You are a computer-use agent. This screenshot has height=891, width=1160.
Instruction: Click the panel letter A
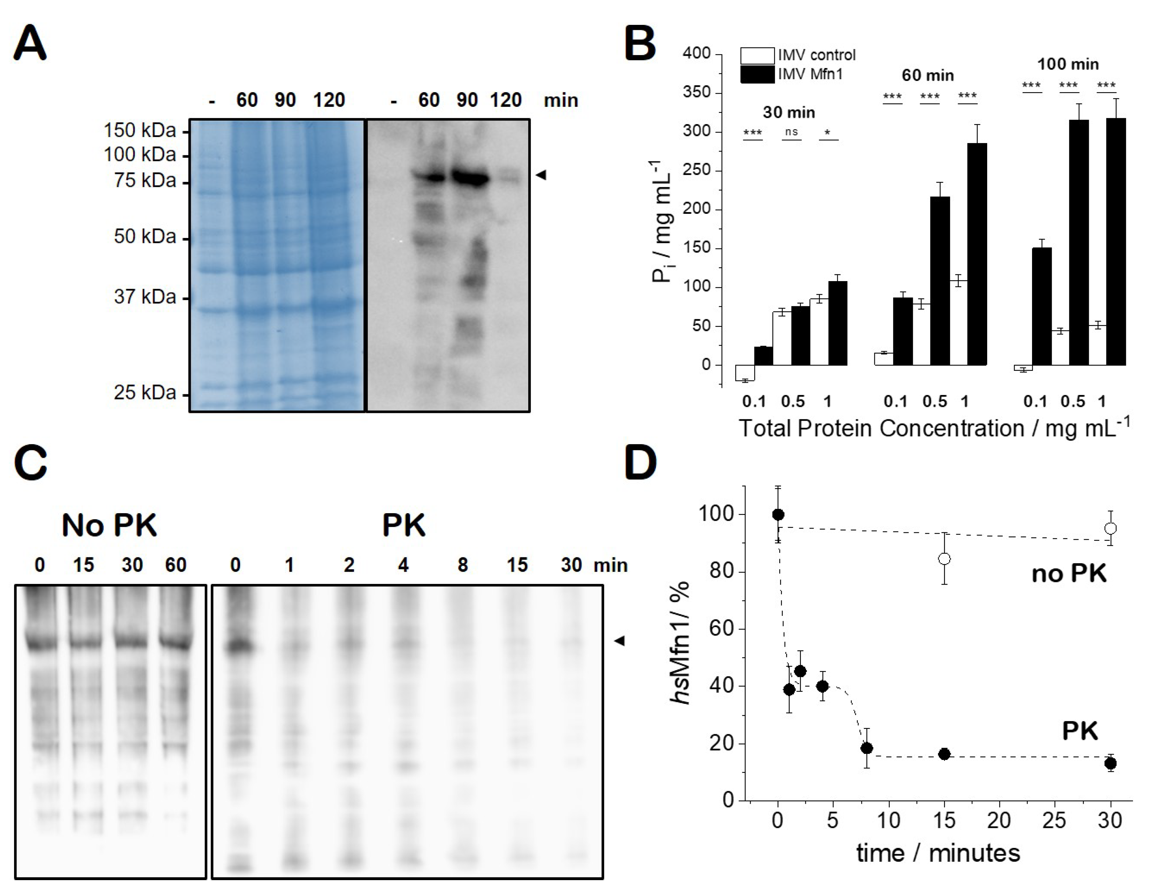click(x=30, y=44)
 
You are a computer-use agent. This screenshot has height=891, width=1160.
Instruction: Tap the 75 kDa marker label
click(x=144, y=181)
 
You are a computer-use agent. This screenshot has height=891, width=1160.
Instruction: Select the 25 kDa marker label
click(x=144, y=393)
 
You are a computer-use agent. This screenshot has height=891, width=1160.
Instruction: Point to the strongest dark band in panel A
click(x=469, y=178)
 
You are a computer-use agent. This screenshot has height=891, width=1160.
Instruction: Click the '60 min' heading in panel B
click(x=927, y=75)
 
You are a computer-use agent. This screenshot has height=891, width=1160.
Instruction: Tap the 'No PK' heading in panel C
click(x=109, y=525)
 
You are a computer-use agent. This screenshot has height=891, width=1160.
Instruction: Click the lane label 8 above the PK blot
click(x=462, y=565)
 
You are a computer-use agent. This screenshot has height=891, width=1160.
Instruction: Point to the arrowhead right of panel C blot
click(x=619, y=641)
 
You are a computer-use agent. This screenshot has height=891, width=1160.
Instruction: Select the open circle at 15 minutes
click(x=944, y=558)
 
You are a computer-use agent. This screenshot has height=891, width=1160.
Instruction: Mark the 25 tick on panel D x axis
click(x=1054, y=821)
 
